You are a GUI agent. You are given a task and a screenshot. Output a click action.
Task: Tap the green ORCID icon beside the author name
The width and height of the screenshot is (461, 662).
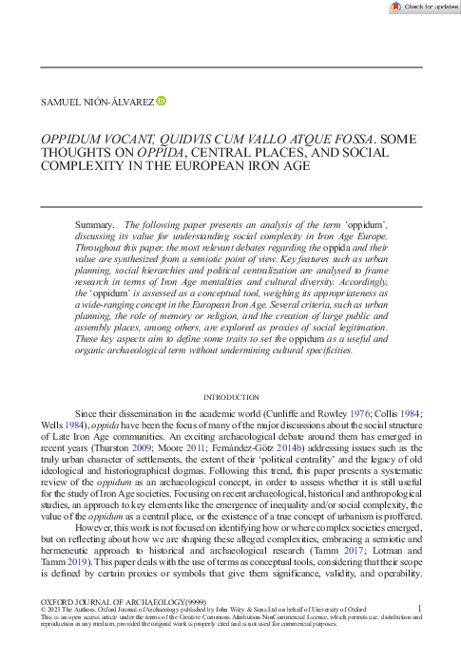click(x=162, y=100)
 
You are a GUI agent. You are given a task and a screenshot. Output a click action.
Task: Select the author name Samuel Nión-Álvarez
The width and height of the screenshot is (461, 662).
click(x=96, y=101)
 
